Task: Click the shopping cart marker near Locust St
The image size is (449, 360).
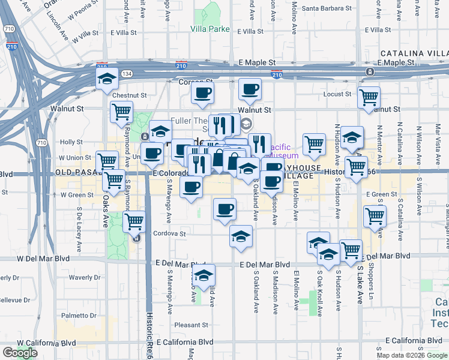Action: (369, 97)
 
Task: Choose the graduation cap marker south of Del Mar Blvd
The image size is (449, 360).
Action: (203, 275)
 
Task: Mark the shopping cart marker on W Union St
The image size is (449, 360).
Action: (107, 160)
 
